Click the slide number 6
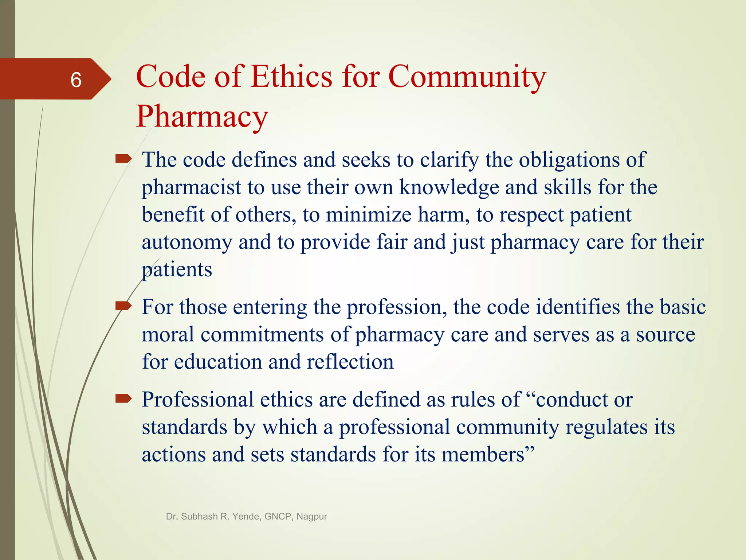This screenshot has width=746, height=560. pos(76,79)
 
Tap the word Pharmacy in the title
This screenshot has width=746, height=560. pos(202,117)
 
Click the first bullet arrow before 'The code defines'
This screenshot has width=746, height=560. pos(123,159)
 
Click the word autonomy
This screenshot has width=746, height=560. pos(186,242)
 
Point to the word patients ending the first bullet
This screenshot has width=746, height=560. pos(177,270)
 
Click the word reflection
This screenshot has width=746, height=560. pos(350,362)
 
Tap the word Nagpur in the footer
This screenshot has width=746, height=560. pos(312,516)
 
